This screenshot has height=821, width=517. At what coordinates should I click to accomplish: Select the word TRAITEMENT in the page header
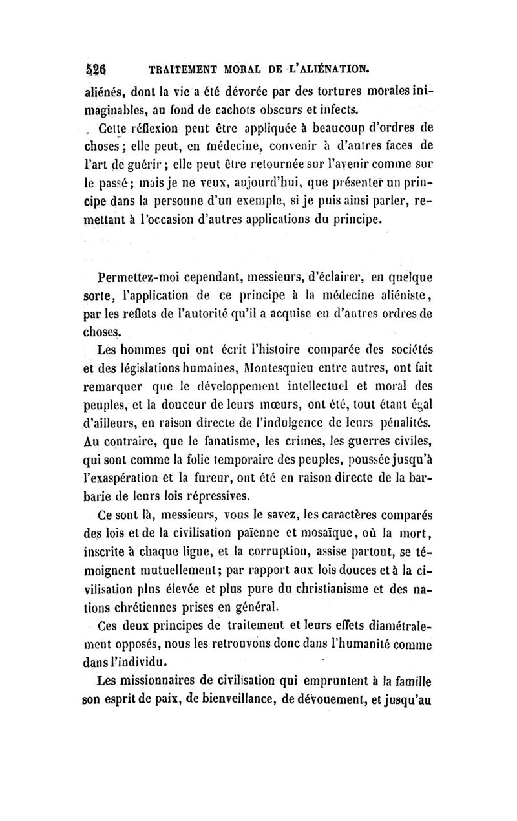coord(182,67)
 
